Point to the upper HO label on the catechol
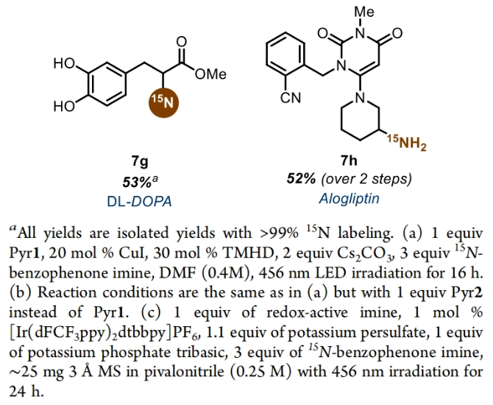coord(64,64)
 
